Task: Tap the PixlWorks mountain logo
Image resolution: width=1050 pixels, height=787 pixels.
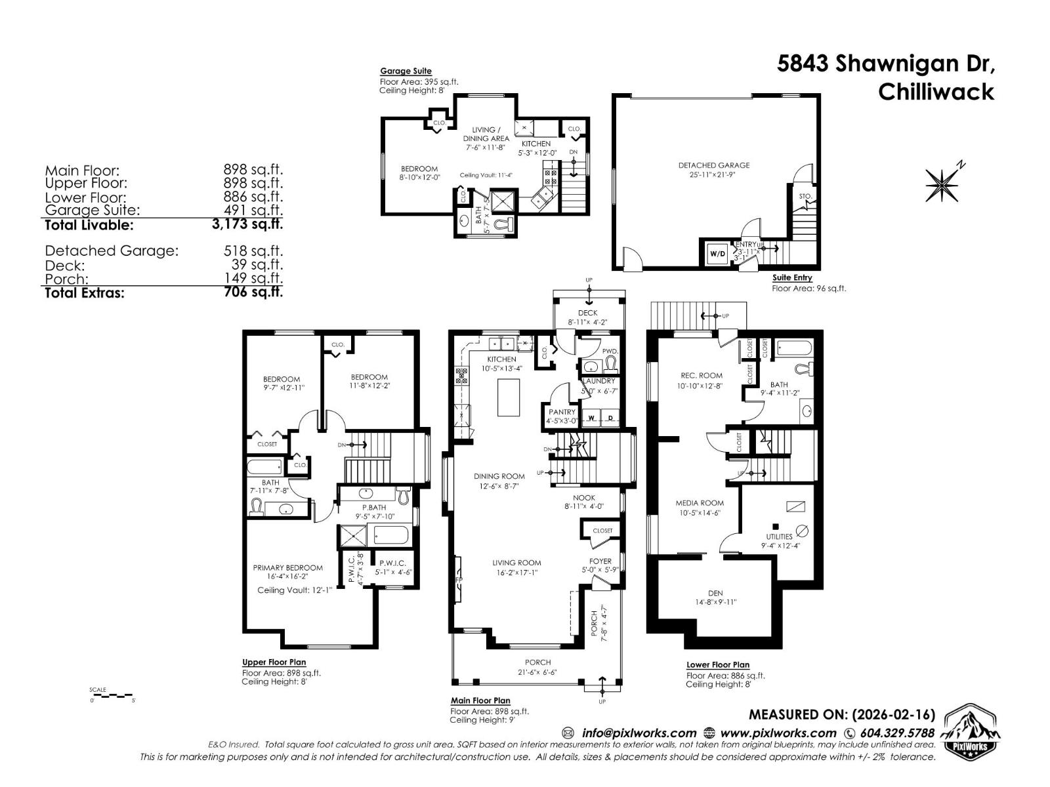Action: click(x=971, y=733)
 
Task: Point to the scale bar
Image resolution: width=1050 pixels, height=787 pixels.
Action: click(x=113, y=695)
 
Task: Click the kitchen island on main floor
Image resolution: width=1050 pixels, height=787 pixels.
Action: click(x=503, y=397)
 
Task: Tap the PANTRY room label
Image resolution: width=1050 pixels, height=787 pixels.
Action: click(x=562, y=412)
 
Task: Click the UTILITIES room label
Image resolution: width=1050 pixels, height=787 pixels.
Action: click(x=779, y=536)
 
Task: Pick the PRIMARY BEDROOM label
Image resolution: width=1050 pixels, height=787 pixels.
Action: click(x=288, y=568)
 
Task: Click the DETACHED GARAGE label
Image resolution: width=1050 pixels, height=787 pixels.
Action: click(x=713, y=165)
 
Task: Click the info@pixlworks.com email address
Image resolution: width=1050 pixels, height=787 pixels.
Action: click(x=639, y=733)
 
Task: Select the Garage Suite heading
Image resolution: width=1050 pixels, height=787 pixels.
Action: click(x=406, y=71)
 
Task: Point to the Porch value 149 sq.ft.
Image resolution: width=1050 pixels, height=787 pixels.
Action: click(x=257, y=279)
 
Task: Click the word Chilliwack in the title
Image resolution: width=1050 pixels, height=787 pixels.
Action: click(x=936, y=92)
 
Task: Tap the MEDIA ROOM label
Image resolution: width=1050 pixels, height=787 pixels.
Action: click(x=700, y=503)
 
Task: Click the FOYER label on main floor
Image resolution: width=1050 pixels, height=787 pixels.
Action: click(x=600, y=561)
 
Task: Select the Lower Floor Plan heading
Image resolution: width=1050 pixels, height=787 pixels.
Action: click(x=718, y=664)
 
